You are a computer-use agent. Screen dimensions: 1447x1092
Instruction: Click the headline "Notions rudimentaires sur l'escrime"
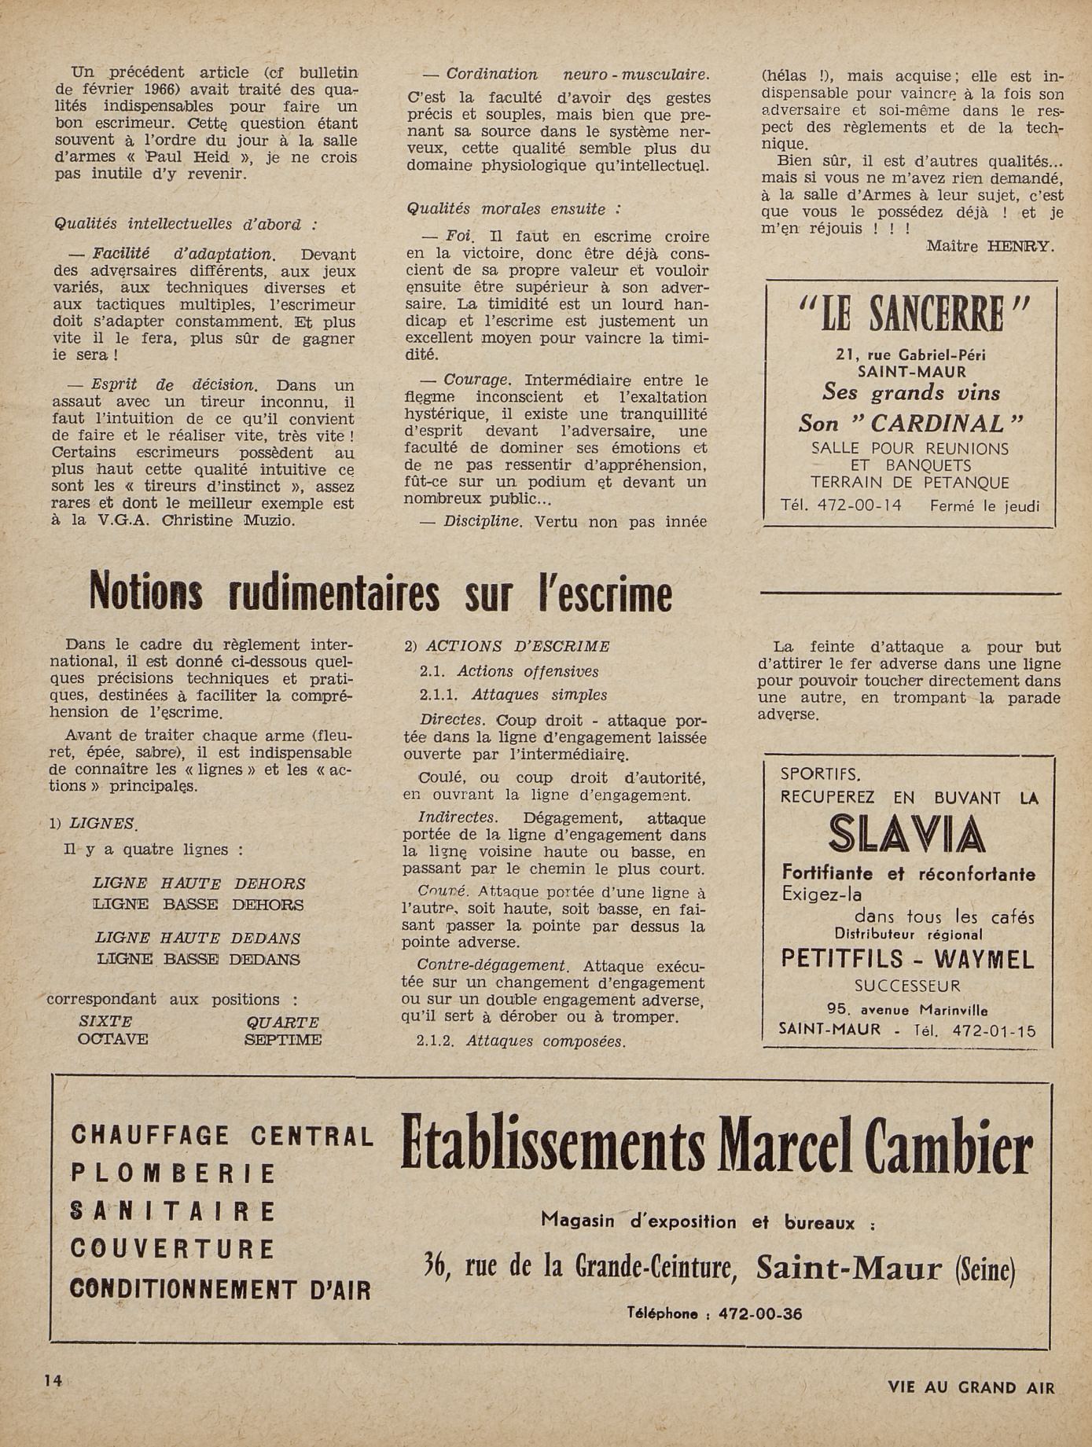[381, 594]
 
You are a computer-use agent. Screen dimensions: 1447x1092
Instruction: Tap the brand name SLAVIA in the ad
[906, 835]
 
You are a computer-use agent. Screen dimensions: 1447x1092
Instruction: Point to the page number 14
[53, 1380]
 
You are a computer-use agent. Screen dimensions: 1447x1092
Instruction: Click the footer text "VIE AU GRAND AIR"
[971, 1387]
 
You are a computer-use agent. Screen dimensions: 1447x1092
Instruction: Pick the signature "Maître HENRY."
[989, 246]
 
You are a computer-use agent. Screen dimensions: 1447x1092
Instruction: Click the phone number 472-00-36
[760, 1313]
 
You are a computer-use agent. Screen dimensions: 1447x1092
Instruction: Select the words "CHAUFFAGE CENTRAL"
[222, 1135]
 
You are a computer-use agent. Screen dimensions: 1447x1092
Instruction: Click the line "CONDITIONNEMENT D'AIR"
[220, 1289]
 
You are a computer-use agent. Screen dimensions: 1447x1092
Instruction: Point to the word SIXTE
[105, 1022]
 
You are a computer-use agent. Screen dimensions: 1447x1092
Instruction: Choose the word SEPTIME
[283, 1040]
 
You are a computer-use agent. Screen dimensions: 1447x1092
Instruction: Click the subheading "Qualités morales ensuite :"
[513, 209]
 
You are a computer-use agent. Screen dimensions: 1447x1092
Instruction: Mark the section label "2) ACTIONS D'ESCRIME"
[507, 646]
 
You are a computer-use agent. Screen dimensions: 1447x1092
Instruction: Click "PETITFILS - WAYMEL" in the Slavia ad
[907, 959]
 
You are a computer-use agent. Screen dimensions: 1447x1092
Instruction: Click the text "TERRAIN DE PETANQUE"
[910, 483]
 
